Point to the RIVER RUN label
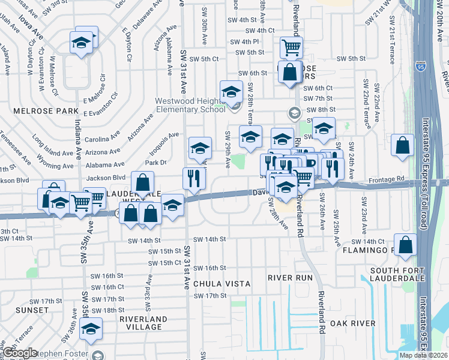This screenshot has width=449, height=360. coord(291,278)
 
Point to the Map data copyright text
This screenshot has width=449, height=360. coord(424,355)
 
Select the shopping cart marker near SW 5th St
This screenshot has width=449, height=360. coord(291,46)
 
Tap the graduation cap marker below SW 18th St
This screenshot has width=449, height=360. coord(91,328)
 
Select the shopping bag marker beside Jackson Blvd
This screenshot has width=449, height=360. coord(142,181)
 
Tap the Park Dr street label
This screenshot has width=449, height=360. coord(155,162)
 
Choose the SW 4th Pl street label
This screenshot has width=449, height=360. coord(243,41)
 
